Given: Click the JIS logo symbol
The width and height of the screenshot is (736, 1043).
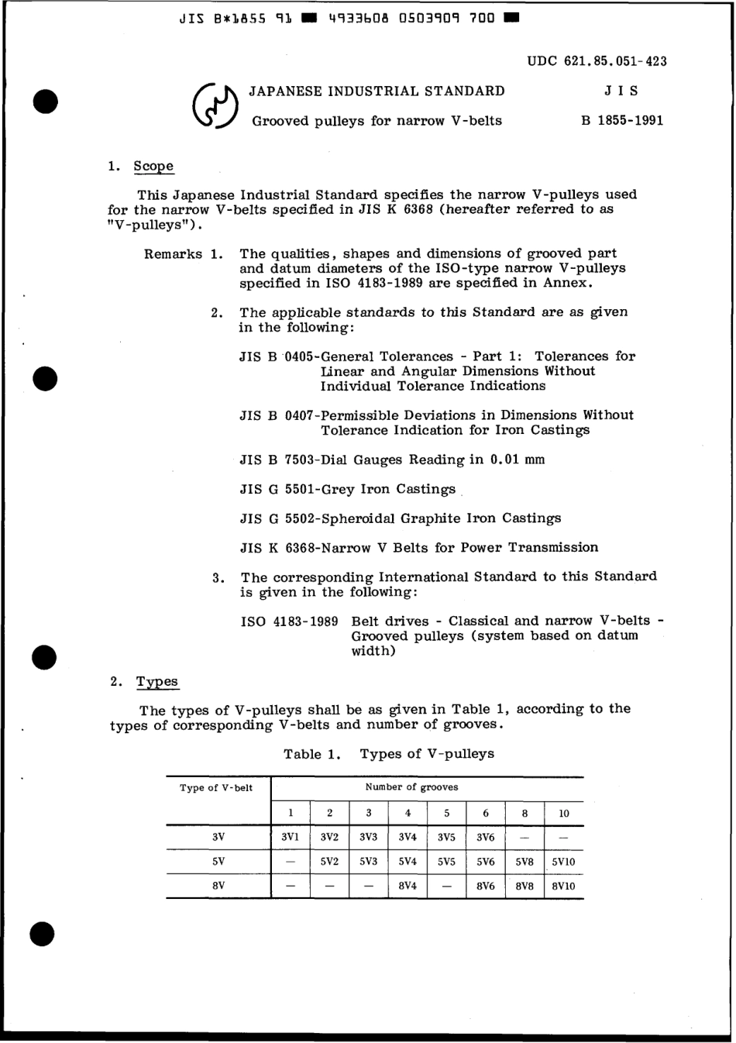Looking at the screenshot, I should click(214, 106).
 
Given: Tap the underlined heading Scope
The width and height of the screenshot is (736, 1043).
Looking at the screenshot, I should click(153, 166).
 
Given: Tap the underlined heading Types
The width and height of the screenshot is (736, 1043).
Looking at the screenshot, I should click(157, 682).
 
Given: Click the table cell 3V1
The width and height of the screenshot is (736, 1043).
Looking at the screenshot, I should click(290, 837).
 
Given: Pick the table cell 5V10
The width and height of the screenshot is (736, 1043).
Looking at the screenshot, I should click(563, 861).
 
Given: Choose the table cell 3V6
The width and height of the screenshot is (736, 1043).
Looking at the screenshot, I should click(485, 837).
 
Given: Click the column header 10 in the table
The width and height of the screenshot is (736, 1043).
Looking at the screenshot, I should click(563, 813).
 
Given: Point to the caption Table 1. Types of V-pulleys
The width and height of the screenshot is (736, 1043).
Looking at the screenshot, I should click(388, 754).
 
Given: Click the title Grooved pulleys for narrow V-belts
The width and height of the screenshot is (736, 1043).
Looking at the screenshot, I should click(377, 121).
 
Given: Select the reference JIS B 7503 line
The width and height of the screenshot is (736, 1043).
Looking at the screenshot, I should click(392, 460).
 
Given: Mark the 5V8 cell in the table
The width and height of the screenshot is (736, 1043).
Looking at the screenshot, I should click(524, 861).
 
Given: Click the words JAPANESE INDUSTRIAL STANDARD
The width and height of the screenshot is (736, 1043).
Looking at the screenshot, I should click(377, 91).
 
